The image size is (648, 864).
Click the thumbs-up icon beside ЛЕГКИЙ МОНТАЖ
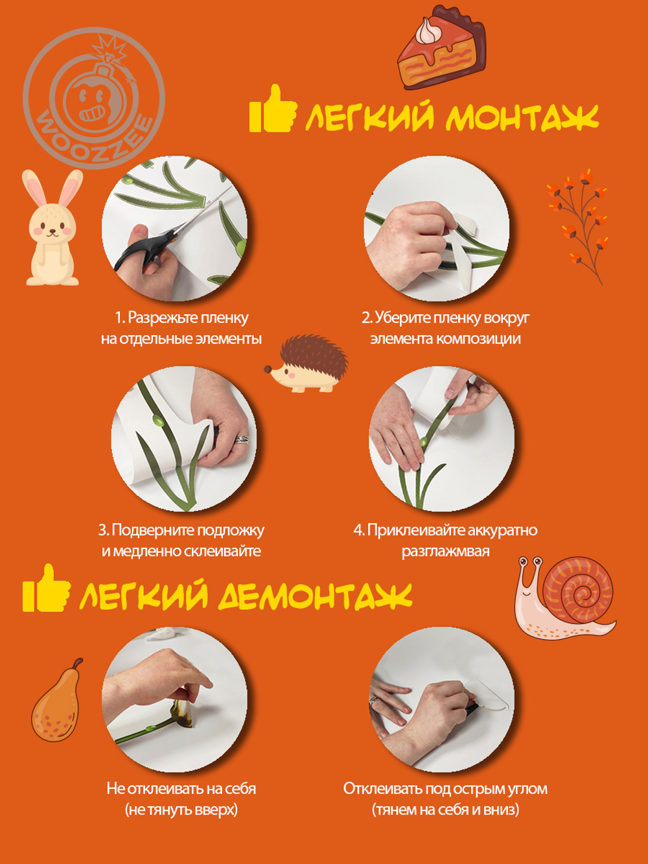point(272,110)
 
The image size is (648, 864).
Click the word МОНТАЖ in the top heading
point(522,118)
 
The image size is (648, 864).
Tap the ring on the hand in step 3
point(242,439)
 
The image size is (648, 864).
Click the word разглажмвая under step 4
point(445,552)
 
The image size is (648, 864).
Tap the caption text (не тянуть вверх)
point(181,810)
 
